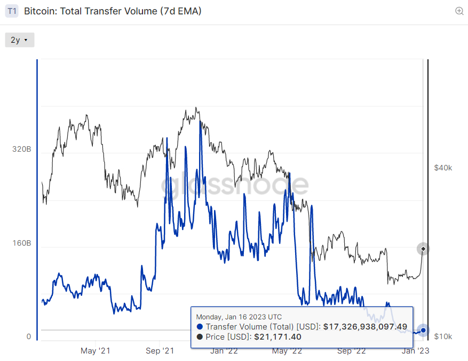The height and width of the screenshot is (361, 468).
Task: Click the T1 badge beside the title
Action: click(x=12, y=11)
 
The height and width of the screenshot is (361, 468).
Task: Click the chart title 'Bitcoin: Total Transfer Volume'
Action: click(x=90, y=11)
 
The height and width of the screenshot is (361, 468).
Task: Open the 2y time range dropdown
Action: click(x=20, y=40)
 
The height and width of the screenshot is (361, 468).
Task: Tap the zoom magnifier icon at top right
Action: click(x=459, y=11)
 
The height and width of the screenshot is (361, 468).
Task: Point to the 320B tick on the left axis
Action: click(x=22, y=149)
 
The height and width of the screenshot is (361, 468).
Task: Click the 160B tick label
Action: click(x=22, y=243)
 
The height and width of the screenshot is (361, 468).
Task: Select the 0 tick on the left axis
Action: click(x=29, y=336)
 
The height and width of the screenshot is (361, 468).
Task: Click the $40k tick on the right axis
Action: click(x=443, y=168)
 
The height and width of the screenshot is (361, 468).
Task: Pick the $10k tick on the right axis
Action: click(x=443, y=336)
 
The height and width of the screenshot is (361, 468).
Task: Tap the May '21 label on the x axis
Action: click(x=95, y=350)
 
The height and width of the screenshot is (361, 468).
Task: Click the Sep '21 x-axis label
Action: click(x=160, y=350)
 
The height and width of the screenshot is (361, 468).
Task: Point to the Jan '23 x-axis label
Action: click(x=415, y=350)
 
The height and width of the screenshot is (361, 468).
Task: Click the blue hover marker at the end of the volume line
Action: click(x=423, y=330)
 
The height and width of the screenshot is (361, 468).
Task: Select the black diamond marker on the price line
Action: click(x=423, y=249)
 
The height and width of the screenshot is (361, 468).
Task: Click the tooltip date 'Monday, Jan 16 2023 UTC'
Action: click(x=239, y=317)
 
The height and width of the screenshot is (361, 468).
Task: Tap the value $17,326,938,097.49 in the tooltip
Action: click(x=365, y=327)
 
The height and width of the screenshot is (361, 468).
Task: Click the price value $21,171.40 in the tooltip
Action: click(x=277, y=337)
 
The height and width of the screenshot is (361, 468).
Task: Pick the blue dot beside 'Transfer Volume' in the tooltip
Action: click(x=200, y=327)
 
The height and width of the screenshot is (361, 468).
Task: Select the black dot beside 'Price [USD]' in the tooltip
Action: click(x=200, y=337)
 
